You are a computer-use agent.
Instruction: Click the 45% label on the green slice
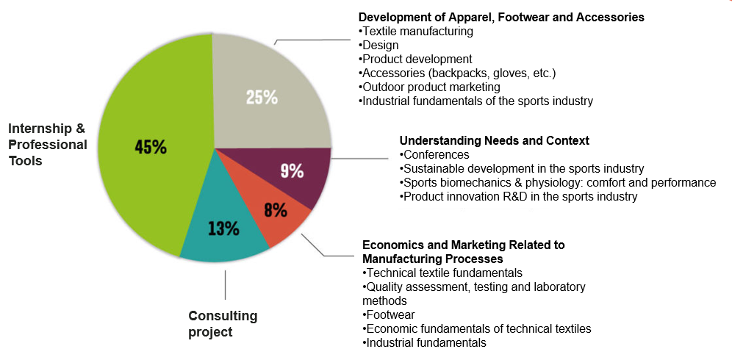(x=151, y=146)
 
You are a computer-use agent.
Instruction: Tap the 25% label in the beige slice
(x=262, y=96)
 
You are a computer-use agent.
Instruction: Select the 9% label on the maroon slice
(x=292, y=171)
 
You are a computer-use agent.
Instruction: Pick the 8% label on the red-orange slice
(x=276, y=209)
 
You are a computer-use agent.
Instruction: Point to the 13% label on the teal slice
(x=223, y=228)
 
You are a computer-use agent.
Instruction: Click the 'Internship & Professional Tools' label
(x=47, y=145)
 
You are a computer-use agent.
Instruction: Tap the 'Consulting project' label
(x=223, y=324)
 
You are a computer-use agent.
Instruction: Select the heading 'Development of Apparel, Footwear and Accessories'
(x=501, y=17)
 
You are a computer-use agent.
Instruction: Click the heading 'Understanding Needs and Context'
(x=494, y=140)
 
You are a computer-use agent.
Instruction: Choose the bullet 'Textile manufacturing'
(x=417, y=32)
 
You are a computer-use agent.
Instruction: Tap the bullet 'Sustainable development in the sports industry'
(x=522, y=168)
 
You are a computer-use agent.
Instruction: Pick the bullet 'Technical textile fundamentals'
(x=442, y=273)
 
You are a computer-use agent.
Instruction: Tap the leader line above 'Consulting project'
(x=226, y=284)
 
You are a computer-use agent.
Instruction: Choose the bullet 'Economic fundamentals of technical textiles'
(x=477, y=328)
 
